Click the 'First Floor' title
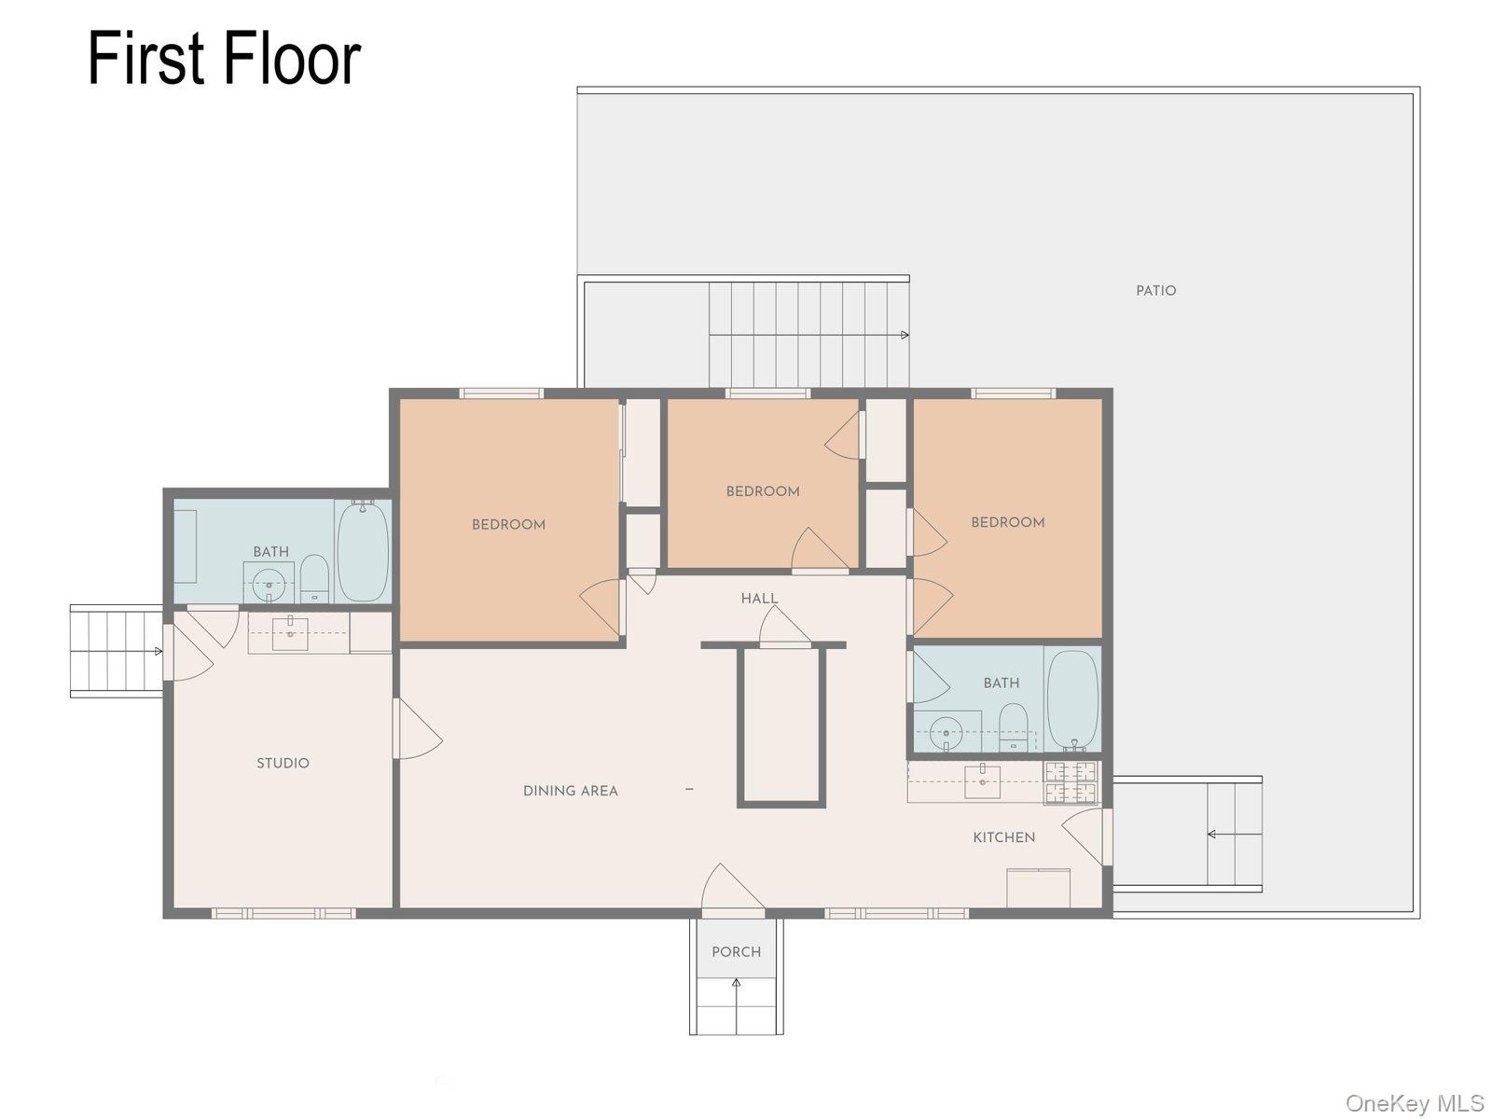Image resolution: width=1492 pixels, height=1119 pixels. pos(225,59)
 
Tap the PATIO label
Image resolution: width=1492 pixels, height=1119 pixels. pos(1155,291)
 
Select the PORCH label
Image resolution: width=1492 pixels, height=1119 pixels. pos(736,952)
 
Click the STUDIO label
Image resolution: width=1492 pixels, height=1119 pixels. pos(283,763)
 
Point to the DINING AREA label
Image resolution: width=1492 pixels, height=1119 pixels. pos(571,791)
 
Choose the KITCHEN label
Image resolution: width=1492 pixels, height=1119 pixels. pos(1004,837)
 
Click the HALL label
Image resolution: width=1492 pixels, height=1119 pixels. pos(759,599)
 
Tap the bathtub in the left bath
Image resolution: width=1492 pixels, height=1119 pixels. pos(363,551)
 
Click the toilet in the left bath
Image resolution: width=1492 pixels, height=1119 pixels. pos(314,578)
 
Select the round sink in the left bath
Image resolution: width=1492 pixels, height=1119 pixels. pos(269,584)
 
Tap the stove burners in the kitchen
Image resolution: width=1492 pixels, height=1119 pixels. pos(1071,782)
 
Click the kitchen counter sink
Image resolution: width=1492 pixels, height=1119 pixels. pos(982,781)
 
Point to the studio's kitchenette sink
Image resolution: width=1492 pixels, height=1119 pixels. pos(290,633)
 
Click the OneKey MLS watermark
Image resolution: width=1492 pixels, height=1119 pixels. pos(1415,1102)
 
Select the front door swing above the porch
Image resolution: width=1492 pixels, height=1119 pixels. pos(732,888)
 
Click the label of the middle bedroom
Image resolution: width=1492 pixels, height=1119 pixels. pos(763,491)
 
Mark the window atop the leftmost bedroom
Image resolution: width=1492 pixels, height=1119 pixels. pos(502,394)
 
